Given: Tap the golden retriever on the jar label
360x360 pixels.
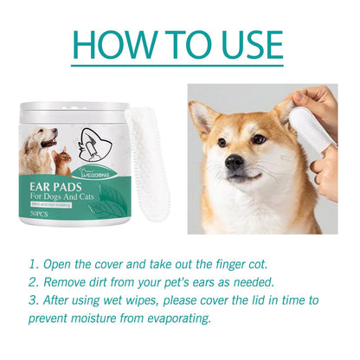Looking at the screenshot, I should click(38, 143).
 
